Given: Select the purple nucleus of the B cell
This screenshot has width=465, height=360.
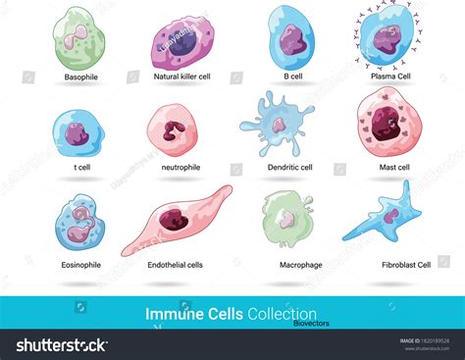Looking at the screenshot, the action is [x=291, y=39].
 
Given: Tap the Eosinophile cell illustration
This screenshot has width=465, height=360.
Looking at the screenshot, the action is [x=77, y=223].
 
